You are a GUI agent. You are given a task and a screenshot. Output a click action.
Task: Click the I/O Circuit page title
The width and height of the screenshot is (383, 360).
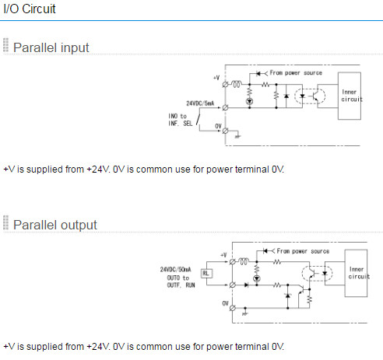point(30,9)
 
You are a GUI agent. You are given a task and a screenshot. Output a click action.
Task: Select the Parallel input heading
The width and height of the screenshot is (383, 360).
point(51,47)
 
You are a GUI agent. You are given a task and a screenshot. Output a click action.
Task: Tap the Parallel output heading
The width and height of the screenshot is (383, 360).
point(55,225)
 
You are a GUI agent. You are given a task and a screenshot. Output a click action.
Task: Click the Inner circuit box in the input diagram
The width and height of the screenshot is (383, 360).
point(350,96)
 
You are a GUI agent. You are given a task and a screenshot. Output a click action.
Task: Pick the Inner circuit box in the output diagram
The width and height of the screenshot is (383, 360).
point(356,273)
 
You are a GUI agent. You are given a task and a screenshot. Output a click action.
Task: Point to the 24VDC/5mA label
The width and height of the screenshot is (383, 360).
point(200,103)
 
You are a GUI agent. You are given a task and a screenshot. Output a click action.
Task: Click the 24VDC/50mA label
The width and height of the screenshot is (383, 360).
point(175,270)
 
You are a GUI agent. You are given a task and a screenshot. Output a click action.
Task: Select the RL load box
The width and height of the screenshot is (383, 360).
point(206,273)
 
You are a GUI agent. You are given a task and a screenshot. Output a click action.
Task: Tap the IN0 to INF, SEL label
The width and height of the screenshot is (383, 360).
point(181,120)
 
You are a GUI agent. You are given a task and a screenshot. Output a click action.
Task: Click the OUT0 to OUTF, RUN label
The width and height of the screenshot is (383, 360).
point(181,281)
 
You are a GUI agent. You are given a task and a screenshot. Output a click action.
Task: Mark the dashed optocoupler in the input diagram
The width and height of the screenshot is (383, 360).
point(310,96)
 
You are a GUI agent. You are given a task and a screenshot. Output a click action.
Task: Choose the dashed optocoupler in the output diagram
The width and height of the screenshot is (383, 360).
point(317,274)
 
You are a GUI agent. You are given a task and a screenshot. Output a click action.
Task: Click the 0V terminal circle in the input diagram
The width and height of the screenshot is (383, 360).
point(225,131)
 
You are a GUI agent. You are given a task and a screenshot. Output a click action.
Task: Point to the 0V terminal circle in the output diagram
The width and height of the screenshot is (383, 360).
point(233,308)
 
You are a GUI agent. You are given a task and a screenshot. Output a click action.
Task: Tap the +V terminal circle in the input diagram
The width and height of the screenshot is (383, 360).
point(225,85)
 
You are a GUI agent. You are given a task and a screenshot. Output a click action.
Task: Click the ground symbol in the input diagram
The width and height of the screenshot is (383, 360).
point(237,135)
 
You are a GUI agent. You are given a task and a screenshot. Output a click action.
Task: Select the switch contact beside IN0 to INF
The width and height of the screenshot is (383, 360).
point(199,119)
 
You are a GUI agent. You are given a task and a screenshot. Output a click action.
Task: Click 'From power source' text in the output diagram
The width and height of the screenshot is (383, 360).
point(303,251)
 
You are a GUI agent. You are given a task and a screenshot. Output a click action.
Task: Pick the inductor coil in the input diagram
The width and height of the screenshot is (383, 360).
point(237,84)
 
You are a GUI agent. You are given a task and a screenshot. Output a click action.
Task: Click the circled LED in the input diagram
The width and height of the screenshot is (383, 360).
point(250,101)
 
